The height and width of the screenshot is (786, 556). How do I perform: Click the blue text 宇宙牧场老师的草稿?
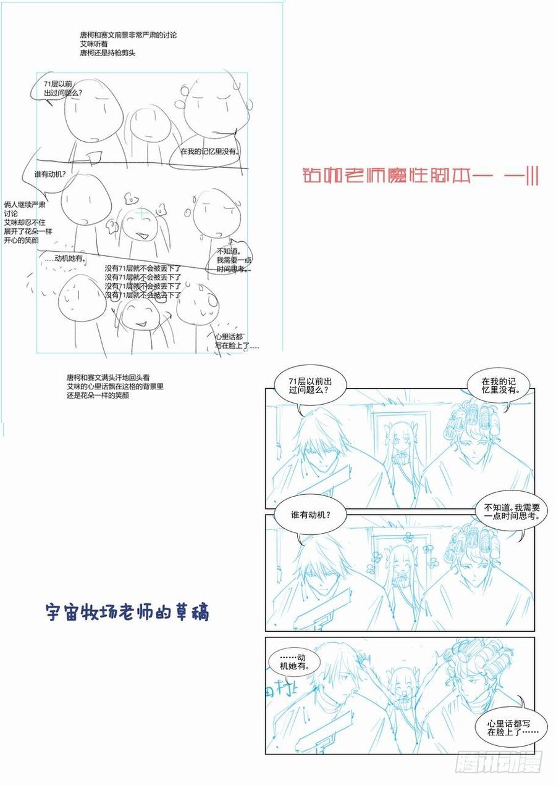point(128,612)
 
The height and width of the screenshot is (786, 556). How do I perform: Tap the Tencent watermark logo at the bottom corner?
point(499,763)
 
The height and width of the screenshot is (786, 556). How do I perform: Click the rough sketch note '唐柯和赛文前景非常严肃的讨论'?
point(128,36)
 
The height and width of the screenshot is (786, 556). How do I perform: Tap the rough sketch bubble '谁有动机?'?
point(50,175)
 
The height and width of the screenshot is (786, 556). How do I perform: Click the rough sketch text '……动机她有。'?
point(65,258)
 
